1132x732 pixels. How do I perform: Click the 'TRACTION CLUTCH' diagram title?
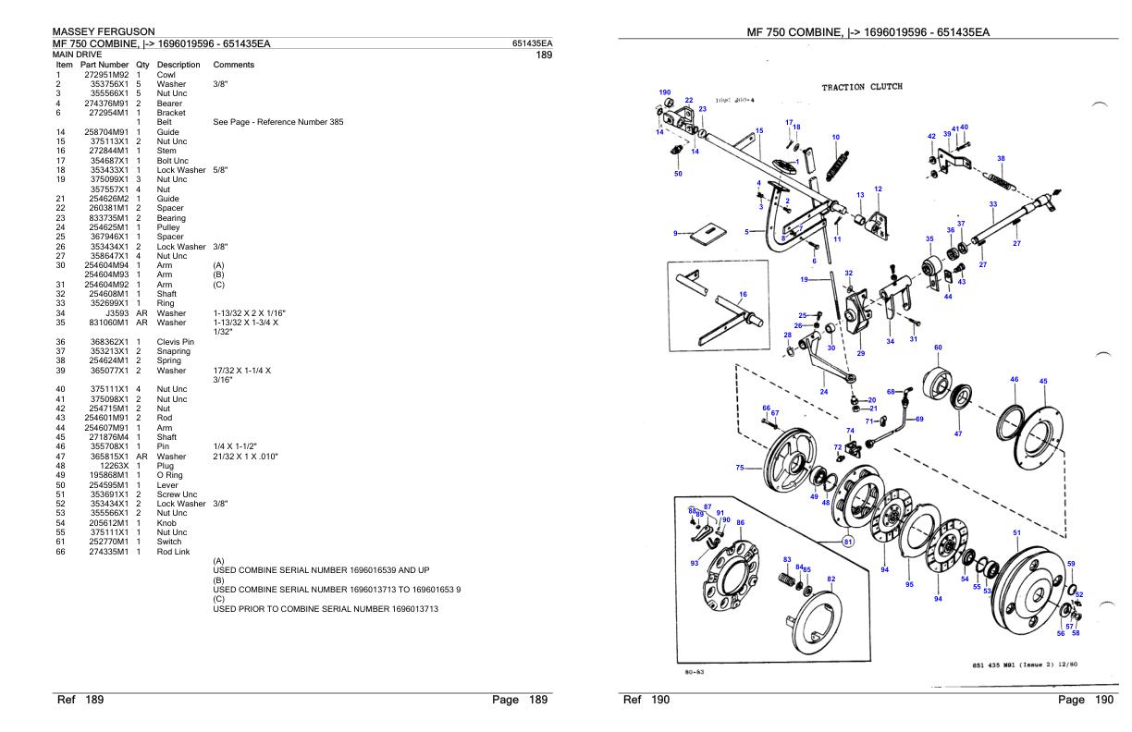(x=862, y=87)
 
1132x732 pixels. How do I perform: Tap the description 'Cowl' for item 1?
(x=166, y=75)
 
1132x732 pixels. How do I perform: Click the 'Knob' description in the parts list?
(x=167, y=522)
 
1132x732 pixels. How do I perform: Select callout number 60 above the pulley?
(x=938, y=347)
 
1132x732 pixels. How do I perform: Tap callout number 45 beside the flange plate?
(x=1043, y=381)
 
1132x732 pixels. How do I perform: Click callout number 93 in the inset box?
(x=694, y=563)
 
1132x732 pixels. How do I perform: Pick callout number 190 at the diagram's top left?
(x=665, y=92)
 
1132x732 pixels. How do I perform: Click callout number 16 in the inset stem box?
(x=743, y=294)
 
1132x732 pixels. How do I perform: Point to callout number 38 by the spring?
(x=1001, y=158)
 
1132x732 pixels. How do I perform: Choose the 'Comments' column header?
(x=235, y=65)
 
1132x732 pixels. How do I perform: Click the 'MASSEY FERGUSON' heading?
(x=103, y=32)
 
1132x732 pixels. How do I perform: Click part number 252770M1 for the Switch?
(x=106, y=541)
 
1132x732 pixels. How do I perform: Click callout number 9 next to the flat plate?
(x=676, y=233)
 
